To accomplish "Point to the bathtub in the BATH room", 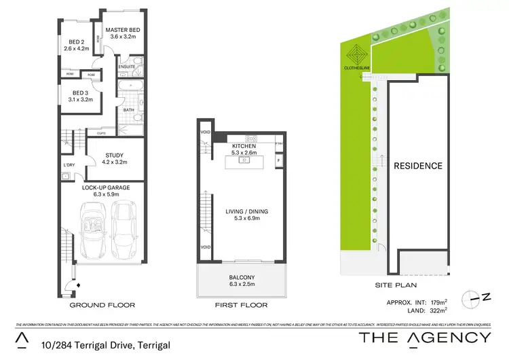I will (131, 86).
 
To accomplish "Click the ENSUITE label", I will (126, 67).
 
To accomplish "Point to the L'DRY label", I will (69, 165).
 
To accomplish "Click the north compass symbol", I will (476, 297).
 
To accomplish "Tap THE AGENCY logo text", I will (424, 338).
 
